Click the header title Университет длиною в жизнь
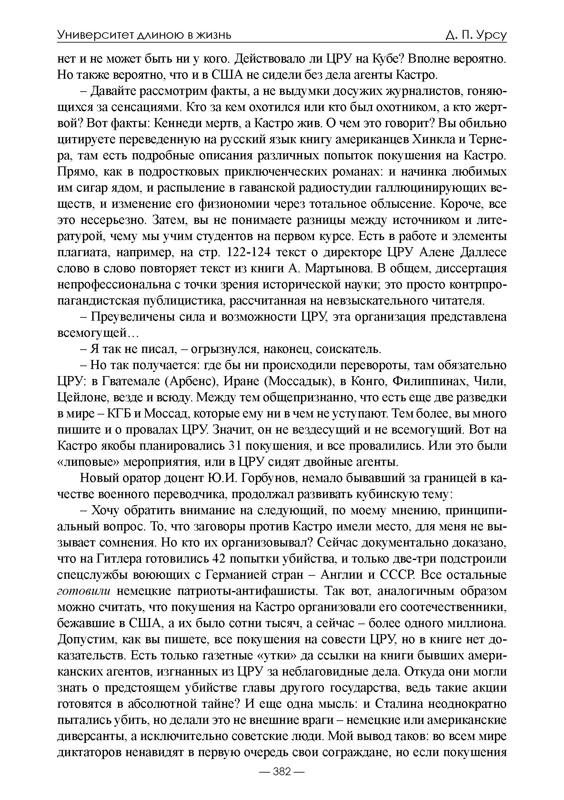(x=144, y=35)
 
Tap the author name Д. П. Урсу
(x=476, y=35)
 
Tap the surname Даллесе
(x=483, y=252)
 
